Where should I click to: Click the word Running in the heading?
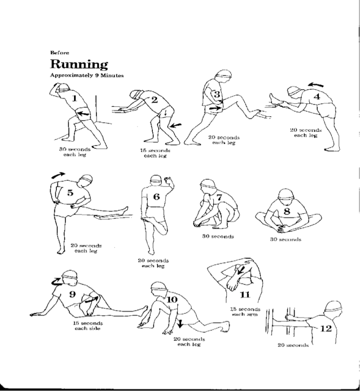click(79, 64)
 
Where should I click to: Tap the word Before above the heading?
click(57, 52)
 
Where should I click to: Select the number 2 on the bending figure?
click(154, 100)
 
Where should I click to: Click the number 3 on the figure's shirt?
click(217, 95)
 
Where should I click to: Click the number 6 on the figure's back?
click(156, 197)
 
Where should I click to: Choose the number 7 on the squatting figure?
click(220, 197)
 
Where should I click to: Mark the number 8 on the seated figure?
click(286, 211)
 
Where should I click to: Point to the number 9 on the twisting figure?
click(72, 295)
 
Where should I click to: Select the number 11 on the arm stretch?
click(244, 280)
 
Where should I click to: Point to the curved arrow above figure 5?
click(59, 176)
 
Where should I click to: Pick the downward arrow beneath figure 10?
click(179, 324)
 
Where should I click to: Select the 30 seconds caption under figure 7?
click(218, 237)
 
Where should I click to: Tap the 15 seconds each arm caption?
click(245, 312)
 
